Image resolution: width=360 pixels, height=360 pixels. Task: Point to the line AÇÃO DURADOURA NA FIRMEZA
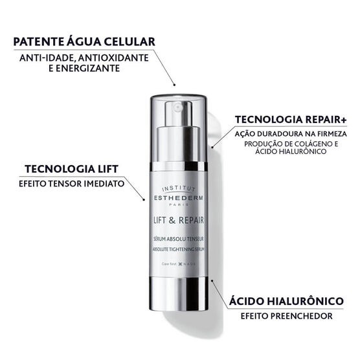[x=291, y=133]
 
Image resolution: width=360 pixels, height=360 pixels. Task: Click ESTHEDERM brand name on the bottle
[x=180, y=191]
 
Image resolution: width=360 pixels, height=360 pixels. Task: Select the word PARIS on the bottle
[x=180, y=198]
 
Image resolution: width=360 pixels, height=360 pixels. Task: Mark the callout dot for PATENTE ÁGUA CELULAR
[x=174, y=85]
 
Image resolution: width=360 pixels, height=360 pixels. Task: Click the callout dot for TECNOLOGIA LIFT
[x=144, y=199]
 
